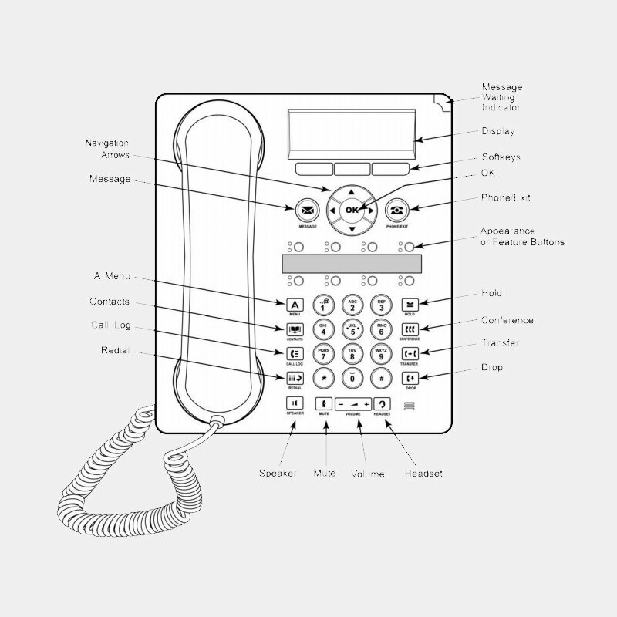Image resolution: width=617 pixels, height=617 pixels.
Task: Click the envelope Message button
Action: click(x=308, y=210)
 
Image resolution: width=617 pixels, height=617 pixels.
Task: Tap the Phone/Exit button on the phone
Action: click(x=396, y=210)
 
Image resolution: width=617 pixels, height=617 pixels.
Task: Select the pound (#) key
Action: click(x=381, y=378)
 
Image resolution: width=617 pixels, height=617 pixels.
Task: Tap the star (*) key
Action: click(x=324, y=378)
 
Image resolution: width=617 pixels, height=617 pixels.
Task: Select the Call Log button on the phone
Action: click(x=295, y=353)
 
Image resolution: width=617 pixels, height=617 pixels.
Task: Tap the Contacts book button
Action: click(x=295, y=329)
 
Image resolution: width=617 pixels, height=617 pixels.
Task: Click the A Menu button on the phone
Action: click(x=295, y=304)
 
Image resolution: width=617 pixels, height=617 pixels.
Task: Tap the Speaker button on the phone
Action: click(x=295, y=403)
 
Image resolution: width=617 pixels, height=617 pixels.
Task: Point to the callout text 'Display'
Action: click(x=497, y=132)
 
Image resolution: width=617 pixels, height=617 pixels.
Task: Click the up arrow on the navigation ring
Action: click(x=352, y=190)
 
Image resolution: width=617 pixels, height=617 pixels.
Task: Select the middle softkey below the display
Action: click(x=352, y=169)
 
